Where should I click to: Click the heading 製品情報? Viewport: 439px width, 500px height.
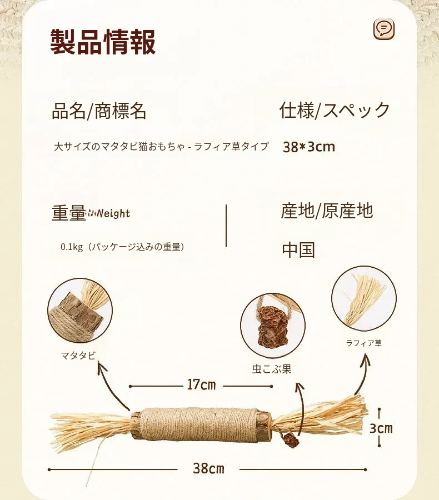click(x=103, y=42)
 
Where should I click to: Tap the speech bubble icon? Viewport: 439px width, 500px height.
click(x=384, y=29)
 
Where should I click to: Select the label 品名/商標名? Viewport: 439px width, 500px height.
click(x=99, y=111)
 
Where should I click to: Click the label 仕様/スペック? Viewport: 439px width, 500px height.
click(x=335, y=111)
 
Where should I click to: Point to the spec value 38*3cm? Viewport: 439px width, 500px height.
click(x=309, y=147)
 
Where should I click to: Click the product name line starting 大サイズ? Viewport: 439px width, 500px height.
click(x=161, y=146)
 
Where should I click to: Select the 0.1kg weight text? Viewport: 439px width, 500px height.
click(x=122, y=247)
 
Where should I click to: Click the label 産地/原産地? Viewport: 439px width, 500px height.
click(x=327, y=211)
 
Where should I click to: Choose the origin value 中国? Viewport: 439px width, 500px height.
click(x=298, y=249)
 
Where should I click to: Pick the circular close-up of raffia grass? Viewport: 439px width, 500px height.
click(x=364, y=298)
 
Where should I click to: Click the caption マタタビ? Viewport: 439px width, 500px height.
click(x=78, y=356)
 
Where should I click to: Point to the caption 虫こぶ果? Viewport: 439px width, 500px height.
click(x=272, y=369)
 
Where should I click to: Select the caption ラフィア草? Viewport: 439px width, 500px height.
click(x=364, y=343)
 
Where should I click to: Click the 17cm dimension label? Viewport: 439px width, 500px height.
click(x=201, y=385)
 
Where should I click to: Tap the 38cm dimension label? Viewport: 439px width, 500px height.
click(x=208, y=469)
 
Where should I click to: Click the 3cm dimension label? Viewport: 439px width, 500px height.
click(x=381, y=428)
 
